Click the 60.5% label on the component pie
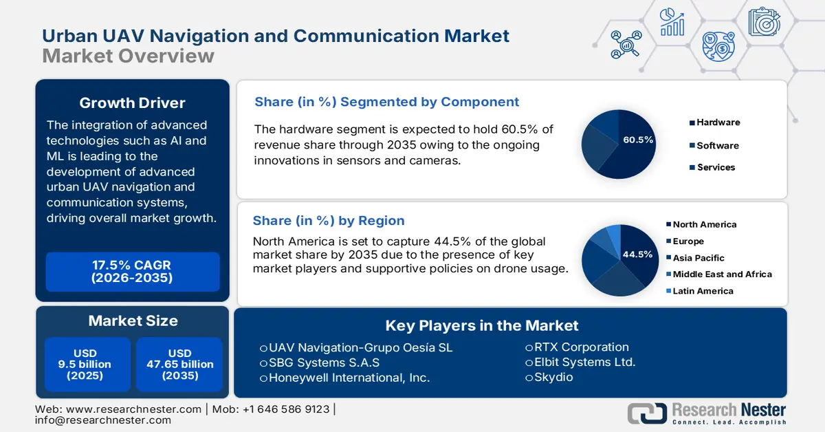tap(638, 140)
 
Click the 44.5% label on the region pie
tap(637, 255)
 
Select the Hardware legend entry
tap(718, 122)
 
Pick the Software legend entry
tap(717, 145)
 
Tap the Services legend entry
tap(716, 167)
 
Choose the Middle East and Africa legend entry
tap(722, 274)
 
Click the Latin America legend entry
tap(703, 291)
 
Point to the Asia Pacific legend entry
tap(698, 258)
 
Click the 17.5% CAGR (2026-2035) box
tap(131, 272)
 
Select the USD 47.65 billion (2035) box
tap(179, 364)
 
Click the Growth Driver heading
tap(132, 103)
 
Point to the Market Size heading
tap(133, 321)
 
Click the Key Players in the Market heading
tap(481, 325)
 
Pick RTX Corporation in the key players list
tap(581, 347)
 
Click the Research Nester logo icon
tap(646, 412)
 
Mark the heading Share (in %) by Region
tap(329, 221)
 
